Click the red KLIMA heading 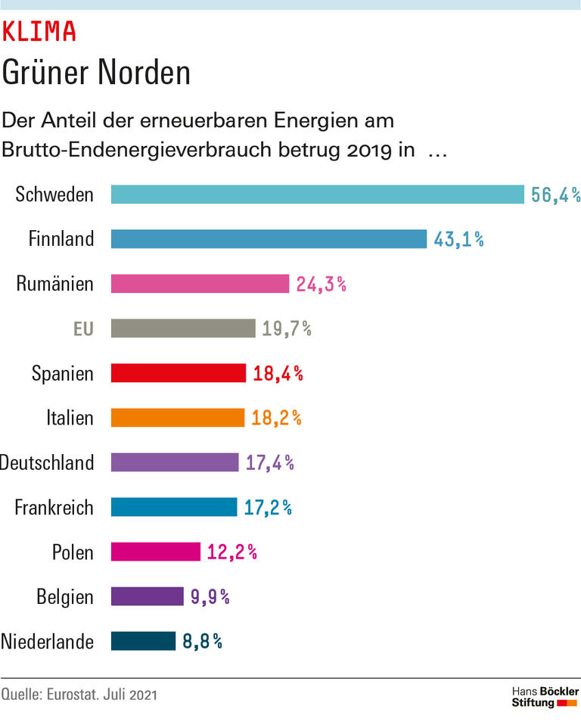(39, 31)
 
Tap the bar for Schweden (317, 194)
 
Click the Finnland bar (269, 239)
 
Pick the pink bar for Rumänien (200, 284)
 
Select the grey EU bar (183, 328)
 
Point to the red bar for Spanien (179, 373)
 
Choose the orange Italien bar (178, 418)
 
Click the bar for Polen (155, 552)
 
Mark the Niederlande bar (143, 641)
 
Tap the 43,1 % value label (458, 240)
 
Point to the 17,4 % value (269, 462)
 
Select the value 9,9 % (210, 597)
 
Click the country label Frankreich (54, 507)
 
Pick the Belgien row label (65, 597)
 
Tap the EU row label (83, 329)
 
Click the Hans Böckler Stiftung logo (545, 698)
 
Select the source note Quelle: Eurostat (79, 694)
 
